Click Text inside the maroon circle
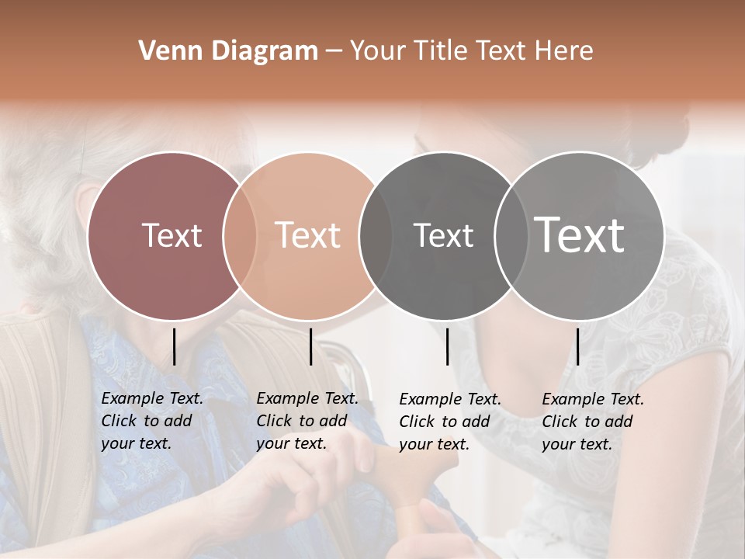click(172, 235)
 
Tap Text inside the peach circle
click(308, 235)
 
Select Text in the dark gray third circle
click(443, 235)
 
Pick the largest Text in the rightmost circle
click(580, 235)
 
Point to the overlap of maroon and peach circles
click(240, 235)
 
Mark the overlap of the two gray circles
click(511, 235)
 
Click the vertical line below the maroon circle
click(174, 346)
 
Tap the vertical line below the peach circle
click(310, 346)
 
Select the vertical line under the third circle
click(447, 346)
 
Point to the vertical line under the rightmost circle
click(577, 346)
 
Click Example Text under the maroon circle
click(152, 398)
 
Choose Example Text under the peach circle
click(307, 398)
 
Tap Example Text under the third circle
click(450, 400)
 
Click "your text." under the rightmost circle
click(577, 444)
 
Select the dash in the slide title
click(334, 52)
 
